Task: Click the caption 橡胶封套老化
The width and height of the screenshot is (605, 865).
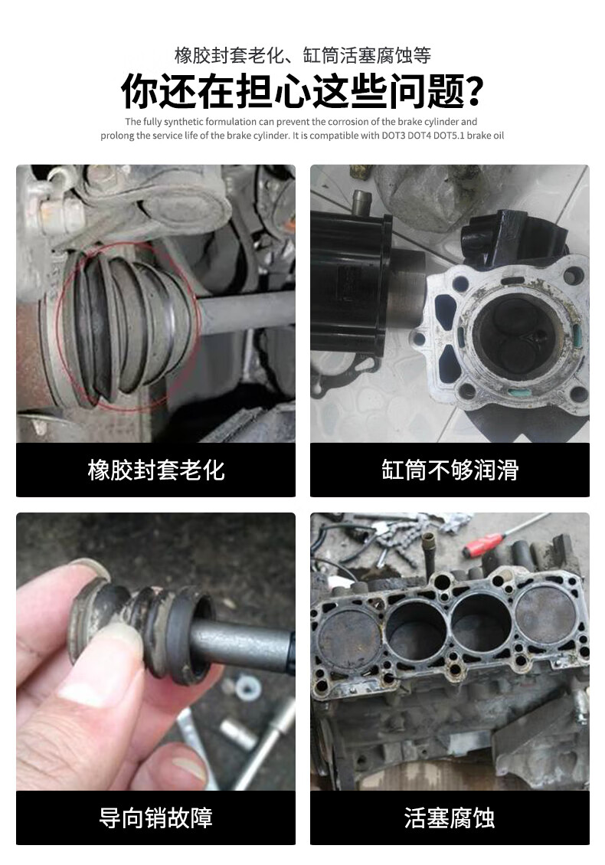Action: coord(156,470)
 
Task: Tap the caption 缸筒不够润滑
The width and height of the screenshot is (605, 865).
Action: coord(450,470)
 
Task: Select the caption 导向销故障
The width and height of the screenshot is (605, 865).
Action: coord(156,817)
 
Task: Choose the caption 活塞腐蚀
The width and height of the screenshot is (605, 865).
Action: coord(450,817)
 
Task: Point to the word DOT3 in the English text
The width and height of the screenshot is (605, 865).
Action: coord(394,136)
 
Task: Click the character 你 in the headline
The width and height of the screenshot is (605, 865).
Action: coord(140,92)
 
